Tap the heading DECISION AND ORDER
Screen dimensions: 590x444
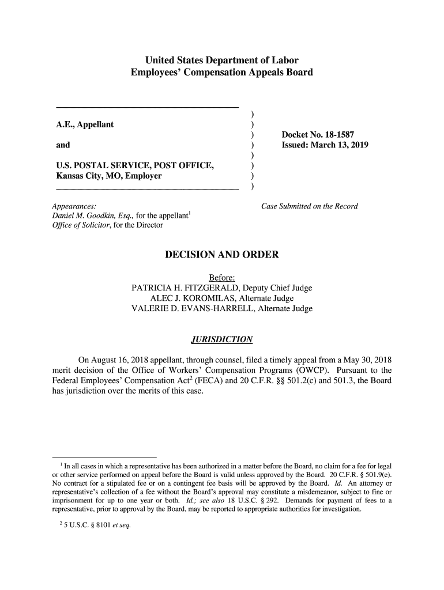(x=222, y=255)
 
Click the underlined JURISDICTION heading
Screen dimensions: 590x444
(x=222, y=338)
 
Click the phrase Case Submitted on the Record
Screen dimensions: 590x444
(x=310, y=206)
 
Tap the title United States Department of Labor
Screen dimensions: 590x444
(x=221, y=60)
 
